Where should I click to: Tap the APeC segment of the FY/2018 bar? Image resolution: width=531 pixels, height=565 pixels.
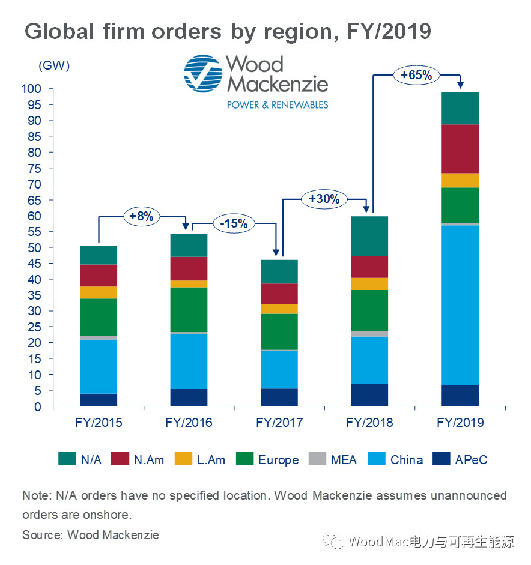pos(370,395)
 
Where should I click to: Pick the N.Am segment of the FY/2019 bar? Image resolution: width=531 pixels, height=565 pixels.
pos(460,149)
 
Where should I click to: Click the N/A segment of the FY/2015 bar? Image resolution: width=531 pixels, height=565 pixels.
pos(99,255)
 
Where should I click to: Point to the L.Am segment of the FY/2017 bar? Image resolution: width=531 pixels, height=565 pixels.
pos(279,309)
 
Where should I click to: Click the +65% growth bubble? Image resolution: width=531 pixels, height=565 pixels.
pos(417,76)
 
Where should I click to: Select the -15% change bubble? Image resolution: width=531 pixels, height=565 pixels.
pos(235,223)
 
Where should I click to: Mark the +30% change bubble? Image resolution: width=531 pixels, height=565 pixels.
pos(324,199)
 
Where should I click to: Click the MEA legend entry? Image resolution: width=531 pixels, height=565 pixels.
pos(333,460)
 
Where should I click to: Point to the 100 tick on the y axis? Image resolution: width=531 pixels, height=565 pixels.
pos(32,89)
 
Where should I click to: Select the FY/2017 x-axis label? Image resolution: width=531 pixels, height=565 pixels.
pos(279,423)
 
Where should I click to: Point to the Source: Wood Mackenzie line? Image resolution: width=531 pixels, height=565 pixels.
pos(91,534)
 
